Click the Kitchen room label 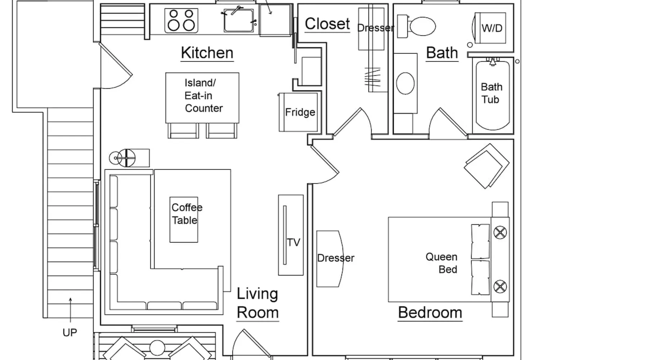[x=207, y=53]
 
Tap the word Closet [x=327, y=24]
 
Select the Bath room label [x=442, y=53]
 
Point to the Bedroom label [x=430, y=312]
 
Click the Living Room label [x=258, y=303]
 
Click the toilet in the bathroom [x=417, y=26]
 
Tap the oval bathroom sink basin [x=405, y=83]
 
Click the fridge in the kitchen [x=298, y=112]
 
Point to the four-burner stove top [x=181, y=21]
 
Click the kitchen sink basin [x=238, y=21]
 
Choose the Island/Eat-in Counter [x=202, y=98]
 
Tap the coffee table [x=184, y=220]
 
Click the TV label [x=293, y=242]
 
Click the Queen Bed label [x=442, y=263]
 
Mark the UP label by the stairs [x=70, y=332]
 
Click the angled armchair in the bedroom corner [x=486, y=166]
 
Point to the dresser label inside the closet [x=375, y=28]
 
